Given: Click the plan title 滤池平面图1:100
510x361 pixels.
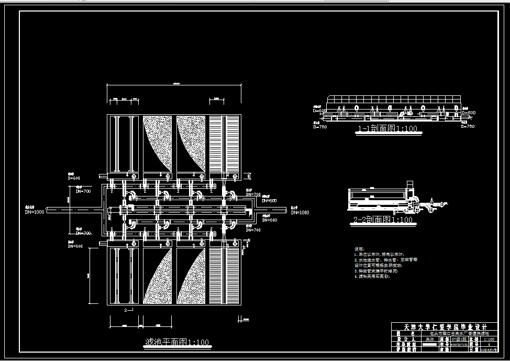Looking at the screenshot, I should coord(176,343).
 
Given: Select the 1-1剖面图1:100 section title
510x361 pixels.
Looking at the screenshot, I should coord(387,128).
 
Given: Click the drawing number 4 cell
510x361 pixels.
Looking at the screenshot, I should coord(489,344).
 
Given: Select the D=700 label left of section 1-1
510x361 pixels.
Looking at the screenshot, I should coord(320,126).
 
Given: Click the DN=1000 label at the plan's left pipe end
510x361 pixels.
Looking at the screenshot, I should coord(35,212).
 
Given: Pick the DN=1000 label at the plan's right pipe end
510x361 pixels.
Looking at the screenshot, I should coord(300,212).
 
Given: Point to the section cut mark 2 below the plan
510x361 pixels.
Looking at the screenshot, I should coord(126,310).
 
